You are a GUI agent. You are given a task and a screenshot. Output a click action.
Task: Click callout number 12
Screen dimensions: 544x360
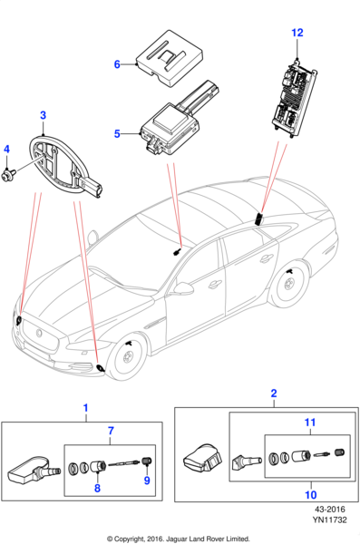(x=297, y=33)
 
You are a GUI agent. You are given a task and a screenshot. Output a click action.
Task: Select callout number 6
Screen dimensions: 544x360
(x=117, y=64)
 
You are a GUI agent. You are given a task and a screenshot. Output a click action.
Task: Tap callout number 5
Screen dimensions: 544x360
(x=117, y=134)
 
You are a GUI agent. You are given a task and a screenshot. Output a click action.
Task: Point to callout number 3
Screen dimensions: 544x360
(x=43, y=115)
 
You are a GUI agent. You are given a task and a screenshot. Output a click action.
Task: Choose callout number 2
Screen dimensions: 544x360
(x=274, y=393)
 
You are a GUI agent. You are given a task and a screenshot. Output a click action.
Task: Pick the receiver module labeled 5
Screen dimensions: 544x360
(x=168, y=122)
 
